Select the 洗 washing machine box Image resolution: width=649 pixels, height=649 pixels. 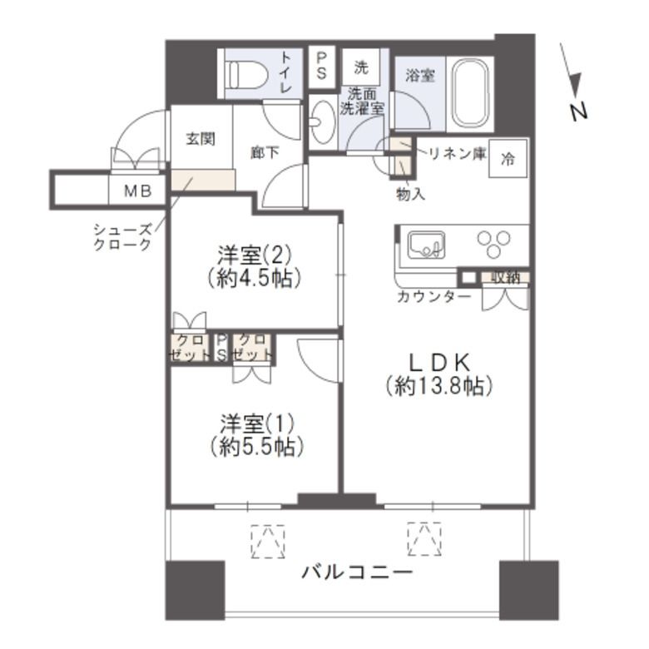[361, 66]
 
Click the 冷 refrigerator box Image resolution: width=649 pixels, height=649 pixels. [507, 161]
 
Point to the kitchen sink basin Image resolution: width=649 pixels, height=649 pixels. [425, 246]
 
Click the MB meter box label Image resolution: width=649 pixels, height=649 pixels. [137, 191]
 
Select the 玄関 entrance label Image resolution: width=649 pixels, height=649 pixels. [201, 138]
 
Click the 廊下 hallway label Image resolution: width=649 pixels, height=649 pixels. [264, 152]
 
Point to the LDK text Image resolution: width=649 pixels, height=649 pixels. [439, 362]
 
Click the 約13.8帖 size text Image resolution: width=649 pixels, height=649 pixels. [439, 386]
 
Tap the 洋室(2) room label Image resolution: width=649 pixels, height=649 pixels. [253, 255]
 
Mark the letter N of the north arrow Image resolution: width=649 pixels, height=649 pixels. [579, 110]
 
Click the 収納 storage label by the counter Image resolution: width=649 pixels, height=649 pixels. [505, 278]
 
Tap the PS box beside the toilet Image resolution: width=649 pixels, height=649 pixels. [321, 65]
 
